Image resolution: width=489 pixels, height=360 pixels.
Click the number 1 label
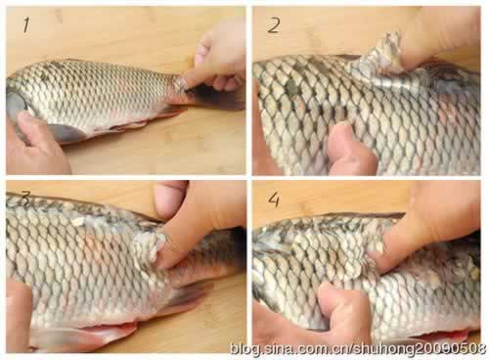click(26, 25)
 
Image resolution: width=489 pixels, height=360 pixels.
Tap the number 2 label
click(274, 25)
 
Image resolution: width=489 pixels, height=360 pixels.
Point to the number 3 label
click(24, 199)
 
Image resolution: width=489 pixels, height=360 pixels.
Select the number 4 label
click(274, 200)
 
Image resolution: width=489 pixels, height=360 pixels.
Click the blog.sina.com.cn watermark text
click(358, 349)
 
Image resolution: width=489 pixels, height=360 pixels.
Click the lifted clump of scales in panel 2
click(381, 61)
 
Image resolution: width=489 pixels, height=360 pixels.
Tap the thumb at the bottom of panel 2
click(350, 150)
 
